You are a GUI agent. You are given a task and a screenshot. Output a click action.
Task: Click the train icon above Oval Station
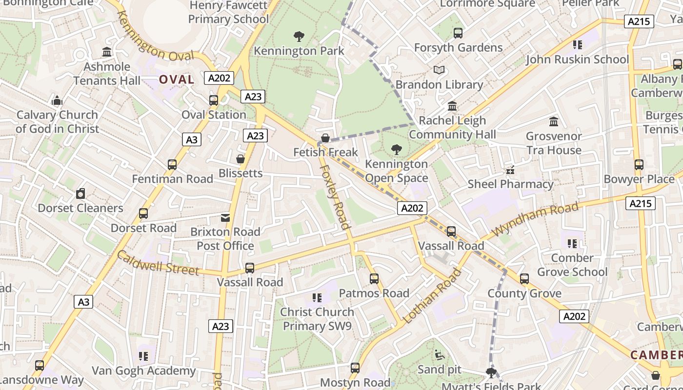(x=214, y=100)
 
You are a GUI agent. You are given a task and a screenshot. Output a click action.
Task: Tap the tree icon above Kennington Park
(x=299, y=36)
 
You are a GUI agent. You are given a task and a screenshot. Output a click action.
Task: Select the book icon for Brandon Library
(x=439, y=70)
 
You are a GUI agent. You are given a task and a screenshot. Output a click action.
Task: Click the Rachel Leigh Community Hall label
(x=452, y=127)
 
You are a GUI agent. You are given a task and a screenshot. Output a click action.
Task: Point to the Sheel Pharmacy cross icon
(x=510, y=170)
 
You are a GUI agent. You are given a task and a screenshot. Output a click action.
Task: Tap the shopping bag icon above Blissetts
(x=240, y=159)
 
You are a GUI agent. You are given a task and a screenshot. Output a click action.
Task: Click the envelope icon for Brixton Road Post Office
(x=225, y=217)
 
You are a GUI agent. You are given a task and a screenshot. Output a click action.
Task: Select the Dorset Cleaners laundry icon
(x=80, y=194)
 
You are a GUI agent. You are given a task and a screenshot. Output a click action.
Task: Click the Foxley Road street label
(x=335, y=196)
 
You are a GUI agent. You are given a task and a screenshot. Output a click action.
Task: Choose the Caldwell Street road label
(x=158, y=263)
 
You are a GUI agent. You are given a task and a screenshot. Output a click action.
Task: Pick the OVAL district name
(x=177, y=79)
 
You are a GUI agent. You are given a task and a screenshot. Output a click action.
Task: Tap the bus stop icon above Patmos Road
(x=374, y=279)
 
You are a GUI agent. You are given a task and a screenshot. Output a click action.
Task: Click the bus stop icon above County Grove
(x=524, y=279)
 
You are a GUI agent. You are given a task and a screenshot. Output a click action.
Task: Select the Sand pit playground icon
(x=439, y=354)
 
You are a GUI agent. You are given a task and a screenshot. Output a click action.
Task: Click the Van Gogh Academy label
(x=143, y=371)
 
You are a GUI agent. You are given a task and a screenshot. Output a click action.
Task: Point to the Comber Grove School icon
(x=572, y=243)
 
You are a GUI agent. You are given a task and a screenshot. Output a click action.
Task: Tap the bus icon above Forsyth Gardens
(x=458, y=33)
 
